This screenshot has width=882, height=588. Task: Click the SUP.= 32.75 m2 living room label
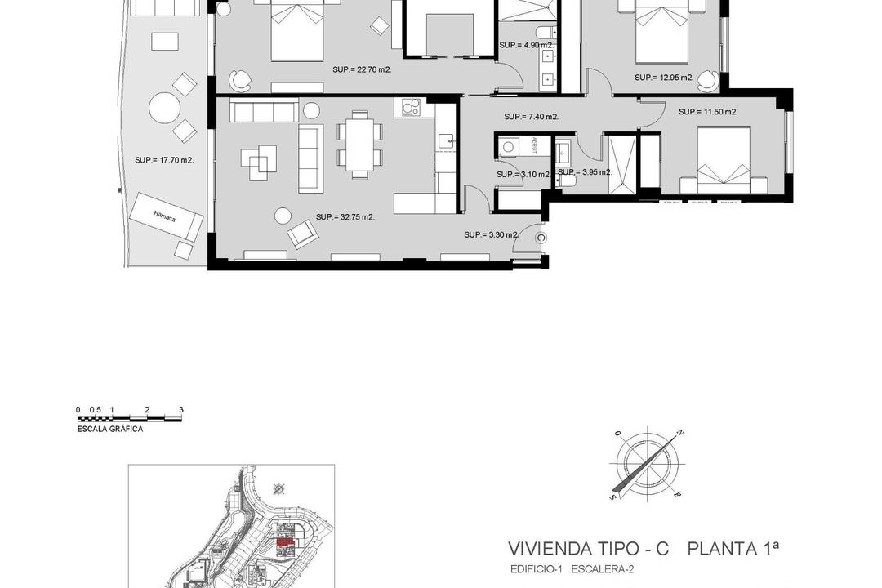pos(345,217)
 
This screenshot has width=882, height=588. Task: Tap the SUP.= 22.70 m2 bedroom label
pos(362,70)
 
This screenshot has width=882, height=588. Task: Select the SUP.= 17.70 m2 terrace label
pos(164,161)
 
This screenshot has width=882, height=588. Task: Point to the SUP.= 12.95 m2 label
pos(663,78)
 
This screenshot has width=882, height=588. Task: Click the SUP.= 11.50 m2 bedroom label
pos(707,112)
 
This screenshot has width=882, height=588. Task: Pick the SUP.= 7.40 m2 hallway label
pos(531,117)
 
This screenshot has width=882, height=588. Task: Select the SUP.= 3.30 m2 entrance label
pos(492,235)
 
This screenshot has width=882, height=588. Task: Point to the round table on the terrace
pos(164,108)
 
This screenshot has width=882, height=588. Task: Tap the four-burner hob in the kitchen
pos(408,107)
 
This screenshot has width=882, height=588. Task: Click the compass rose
pos(647,464)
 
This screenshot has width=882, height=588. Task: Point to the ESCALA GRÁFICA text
pos(110,429)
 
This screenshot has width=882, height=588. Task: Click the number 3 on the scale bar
pos(180,410)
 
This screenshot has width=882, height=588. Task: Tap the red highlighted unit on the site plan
pos(284,541)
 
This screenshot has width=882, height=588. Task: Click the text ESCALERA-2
pos(604,568)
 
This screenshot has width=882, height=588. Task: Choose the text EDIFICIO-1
pos(536,568)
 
